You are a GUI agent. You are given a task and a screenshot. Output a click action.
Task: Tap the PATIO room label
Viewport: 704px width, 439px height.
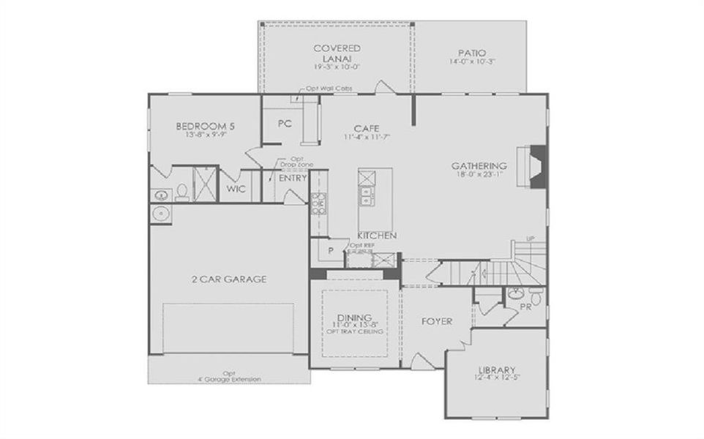coord(472,53)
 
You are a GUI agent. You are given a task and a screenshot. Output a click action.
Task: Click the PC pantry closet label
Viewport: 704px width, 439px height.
coord(285,124)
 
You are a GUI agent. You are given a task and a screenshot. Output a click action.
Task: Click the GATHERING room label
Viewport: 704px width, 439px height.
coord(479,166)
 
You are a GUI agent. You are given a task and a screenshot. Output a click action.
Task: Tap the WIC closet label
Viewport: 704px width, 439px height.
coord(236,189)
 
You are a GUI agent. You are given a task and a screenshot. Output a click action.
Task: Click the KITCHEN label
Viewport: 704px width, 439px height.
coord(377,235)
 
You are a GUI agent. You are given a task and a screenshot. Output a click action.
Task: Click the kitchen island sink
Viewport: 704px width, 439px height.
coord(364,195)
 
